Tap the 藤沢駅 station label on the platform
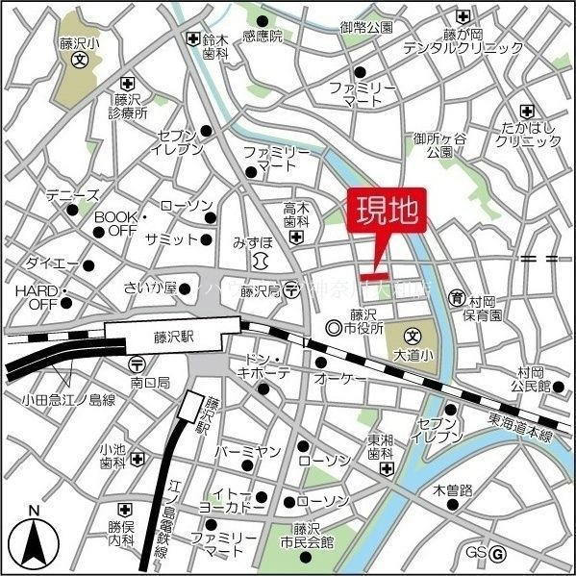[173, 338]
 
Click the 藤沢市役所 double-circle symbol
[334, 329]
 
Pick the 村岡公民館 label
[531, 379]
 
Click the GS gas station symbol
[497, 553]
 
